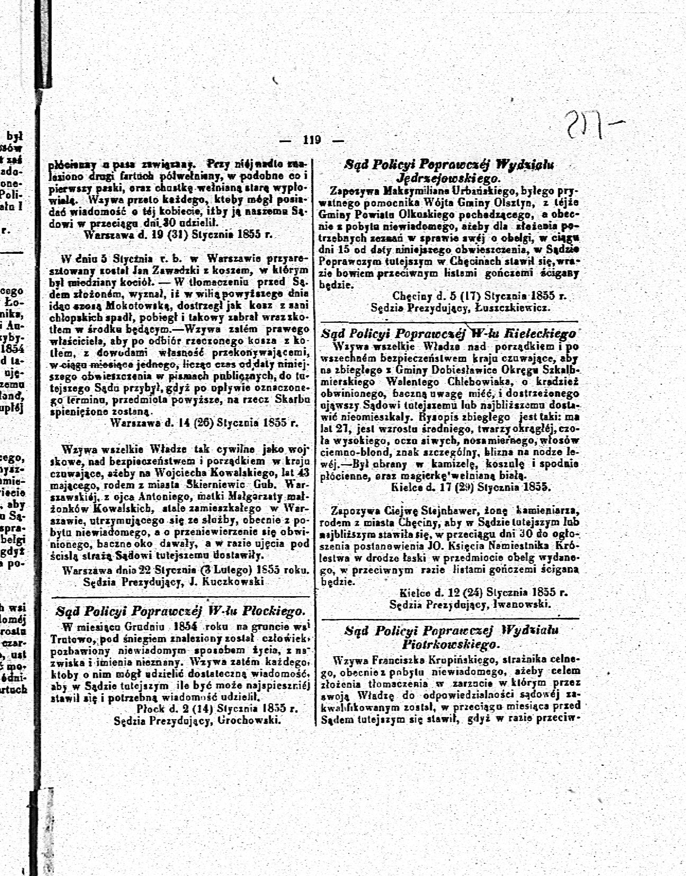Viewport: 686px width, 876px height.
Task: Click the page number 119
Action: [x=312, y=140]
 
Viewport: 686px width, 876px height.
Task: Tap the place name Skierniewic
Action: [x=219, y=484]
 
